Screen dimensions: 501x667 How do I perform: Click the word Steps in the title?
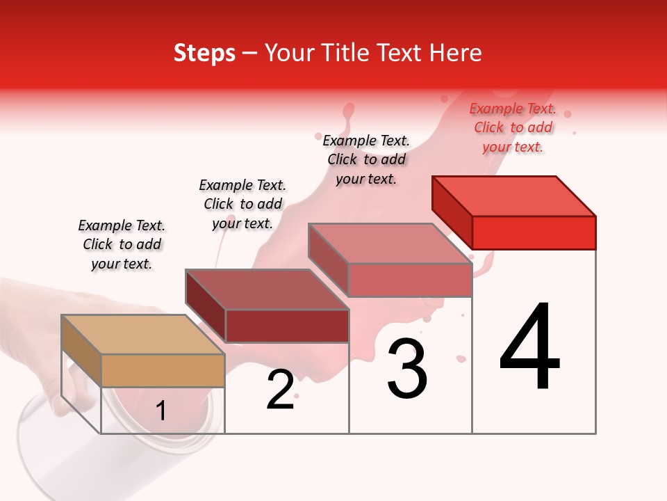point(204,53)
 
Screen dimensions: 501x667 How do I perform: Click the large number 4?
point(529,348)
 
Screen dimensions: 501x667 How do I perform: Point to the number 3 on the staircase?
point(407,369)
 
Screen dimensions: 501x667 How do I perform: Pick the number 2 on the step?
point(280,390)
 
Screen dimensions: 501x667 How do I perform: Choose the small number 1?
point(160,411)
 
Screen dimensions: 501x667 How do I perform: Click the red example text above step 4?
point(513,127)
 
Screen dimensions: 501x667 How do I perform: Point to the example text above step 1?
point(122,244)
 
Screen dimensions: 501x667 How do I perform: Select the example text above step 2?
point(242,204)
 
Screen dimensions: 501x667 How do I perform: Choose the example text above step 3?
point(366,159)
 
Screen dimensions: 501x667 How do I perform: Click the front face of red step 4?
point(534,232)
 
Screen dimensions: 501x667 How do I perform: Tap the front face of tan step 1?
point(163,370)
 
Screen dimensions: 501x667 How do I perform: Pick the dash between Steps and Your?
point(250,53)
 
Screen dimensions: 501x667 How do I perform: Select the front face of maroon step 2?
point(286,326)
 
